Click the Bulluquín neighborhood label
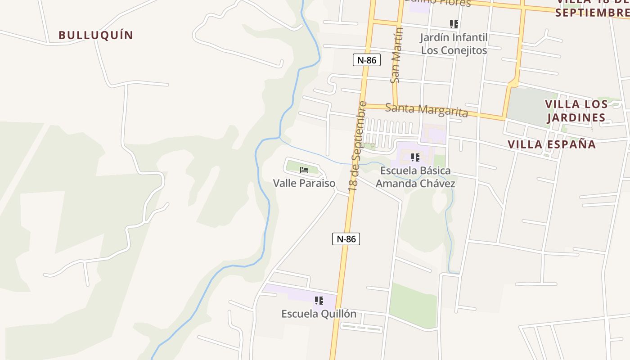click(96, 35)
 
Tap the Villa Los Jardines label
click(576, 111)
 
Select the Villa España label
click(552, 144)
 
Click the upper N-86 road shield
click(367, 60)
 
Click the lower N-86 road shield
click(346, 239)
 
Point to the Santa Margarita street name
click(427, 109)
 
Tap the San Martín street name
click(396, 55)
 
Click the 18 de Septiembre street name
click(359, 146)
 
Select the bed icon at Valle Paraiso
click(304, 170)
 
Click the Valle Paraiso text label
click(304, 183)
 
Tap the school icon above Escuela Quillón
click(319, 301)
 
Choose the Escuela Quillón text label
click(319, 314)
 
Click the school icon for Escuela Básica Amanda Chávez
click(415, 157)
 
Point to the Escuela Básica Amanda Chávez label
click(415, 177)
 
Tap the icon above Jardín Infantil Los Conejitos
click(454, 24)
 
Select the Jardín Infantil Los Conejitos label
click(454, 44)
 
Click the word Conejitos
click(465, 50)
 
